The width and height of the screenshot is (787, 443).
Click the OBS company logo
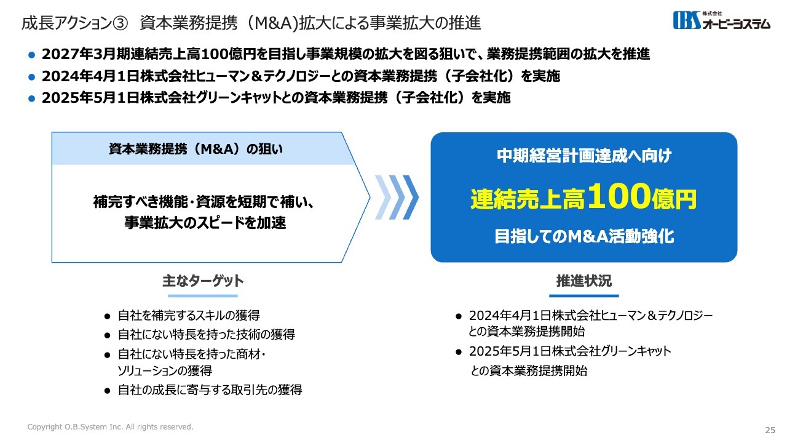721,20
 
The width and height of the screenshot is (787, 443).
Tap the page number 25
770,430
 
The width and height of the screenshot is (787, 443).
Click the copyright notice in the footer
110,427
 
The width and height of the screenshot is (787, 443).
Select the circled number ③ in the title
121,23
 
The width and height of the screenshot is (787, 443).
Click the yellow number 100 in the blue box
619,196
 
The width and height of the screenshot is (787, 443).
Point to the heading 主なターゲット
203,281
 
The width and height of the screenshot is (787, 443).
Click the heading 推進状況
584,281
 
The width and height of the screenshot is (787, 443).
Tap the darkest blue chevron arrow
411,198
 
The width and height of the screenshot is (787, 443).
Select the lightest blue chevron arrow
383,198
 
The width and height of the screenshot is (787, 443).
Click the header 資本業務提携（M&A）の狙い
196,149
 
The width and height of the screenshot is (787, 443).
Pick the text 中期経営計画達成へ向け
584,156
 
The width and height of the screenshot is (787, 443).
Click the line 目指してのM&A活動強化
584,236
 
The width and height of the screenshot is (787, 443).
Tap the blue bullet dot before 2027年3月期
31,55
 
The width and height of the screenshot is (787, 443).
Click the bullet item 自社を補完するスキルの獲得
189,316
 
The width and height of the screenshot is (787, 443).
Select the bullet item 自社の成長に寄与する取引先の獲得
210,390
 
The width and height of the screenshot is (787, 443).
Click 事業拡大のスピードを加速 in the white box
205,223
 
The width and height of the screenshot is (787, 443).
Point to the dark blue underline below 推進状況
584,296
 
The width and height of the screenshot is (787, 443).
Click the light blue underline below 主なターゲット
203,296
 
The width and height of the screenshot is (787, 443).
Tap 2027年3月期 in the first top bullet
85,54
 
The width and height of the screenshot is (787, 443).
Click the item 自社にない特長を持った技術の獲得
206,334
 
